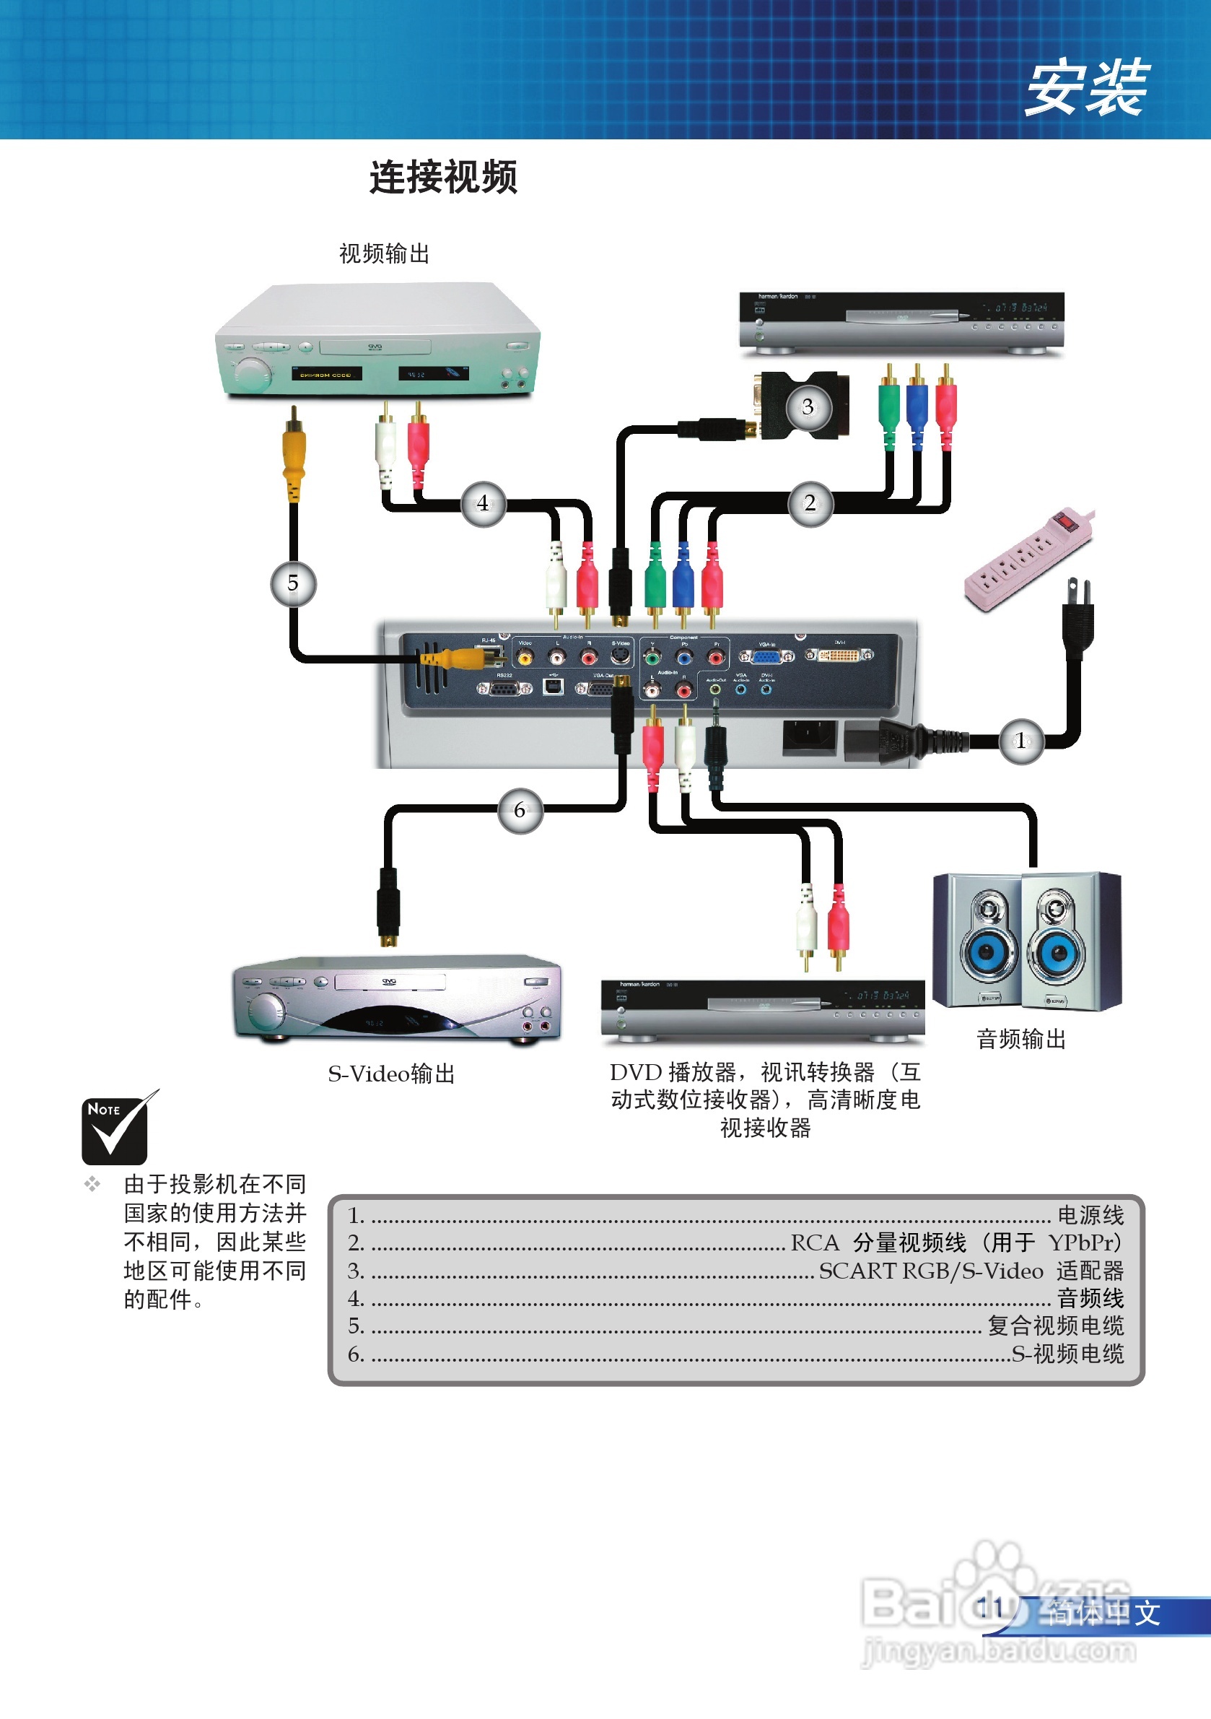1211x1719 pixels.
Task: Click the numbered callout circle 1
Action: click(1021, 741)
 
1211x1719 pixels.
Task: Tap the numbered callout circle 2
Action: click(810, 503)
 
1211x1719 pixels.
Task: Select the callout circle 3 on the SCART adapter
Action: click(808, 407)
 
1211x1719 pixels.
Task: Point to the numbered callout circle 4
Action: click(483, 503)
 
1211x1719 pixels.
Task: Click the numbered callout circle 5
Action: click(292, 583)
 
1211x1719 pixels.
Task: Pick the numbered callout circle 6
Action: click(520, 810)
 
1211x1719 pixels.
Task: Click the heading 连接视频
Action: click(443, 178)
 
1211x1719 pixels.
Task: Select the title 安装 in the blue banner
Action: click(1086, 88)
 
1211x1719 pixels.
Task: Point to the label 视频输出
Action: click(384, 254)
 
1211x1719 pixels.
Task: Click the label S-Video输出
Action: click(391, 1074)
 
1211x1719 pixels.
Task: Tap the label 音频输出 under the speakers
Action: click(1021, 1039)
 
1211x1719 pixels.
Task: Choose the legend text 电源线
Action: click(1090, 1215)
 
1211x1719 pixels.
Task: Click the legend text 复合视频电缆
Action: click(1055, 1326)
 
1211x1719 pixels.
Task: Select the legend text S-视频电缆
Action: click(1067, 1354)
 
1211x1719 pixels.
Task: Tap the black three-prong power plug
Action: click(1078, 618)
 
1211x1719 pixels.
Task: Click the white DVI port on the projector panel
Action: click(839, 656)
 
